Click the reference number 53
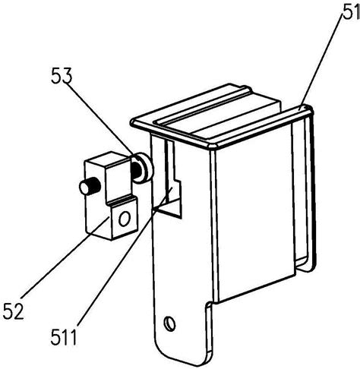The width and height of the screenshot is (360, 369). (62, 75)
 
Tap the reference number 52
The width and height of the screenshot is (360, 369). (14, 311)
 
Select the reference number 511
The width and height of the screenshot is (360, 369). (64, 338)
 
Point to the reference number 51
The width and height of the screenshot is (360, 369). (352, 12)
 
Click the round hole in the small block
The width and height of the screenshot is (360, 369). (125, 219)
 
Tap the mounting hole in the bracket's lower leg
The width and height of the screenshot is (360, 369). (169, 323)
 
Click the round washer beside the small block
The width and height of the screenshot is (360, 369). (144, 168)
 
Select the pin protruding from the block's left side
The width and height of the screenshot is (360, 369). (90, 186)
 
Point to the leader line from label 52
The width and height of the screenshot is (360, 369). (65, 257)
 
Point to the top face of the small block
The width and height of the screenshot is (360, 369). (109, 161)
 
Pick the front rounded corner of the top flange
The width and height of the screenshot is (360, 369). (212, 146)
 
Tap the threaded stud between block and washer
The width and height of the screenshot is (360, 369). (136, 169)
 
